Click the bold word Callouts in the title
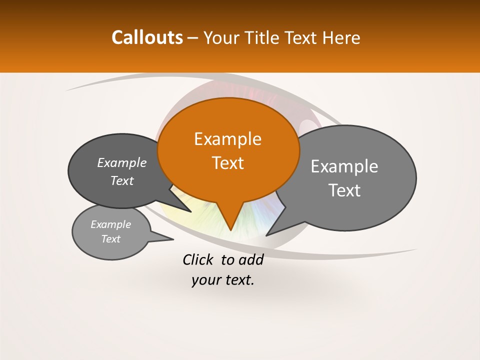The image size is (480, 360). click(147, 37)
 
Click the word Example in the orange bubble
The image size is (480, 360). click(227, 139)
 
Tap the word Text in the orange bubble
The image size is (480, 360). click(228, 163)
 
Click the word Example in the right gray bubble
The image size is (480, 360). click(344, 166)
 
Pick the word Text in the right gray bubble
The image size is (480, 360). click(345, 190)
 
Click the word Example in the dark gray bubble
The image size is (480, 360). click(122, 162)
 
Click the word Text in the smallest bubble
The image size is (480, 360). click(111, 239)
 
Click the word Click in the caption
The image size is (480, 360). click(198, 259)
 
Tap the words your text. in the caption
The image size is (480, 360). click(223, 280)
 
